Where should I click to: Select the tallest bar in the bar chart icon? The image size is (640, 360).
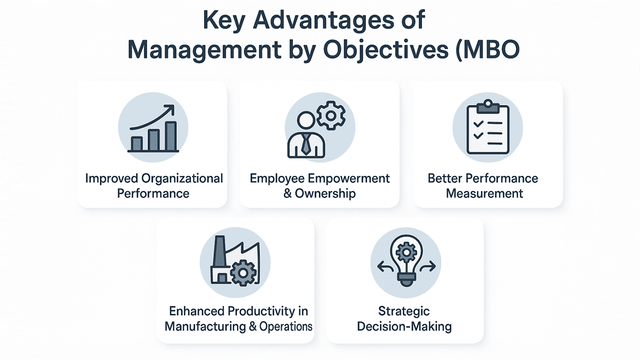(171, 136)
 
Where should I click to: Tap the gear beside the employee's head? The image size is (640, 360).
(330, 116)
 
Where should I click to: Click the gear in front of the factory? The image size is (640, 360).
(242, 273)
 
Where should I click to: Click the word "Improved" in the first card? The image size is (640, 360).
(112, 179)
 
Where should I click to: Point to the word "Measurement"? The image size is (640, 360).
(484, 193)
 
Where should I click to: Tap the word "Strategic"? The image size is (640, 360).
(404, 311)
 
